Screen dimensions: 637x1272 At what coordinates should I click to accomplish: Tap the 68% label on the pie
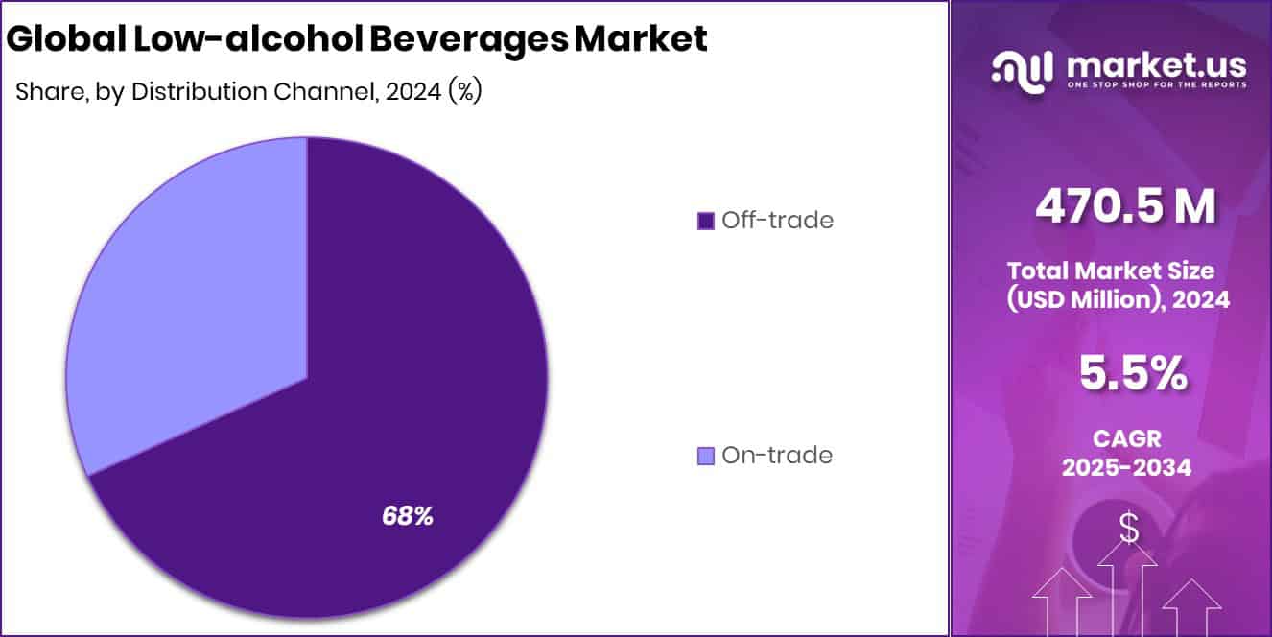click(408, 516)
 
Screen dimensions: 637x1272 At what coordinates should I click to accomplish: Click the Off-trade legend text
click(777, 220)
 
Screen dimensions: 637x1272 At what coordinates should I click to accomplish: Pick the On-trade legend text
click(776, 455)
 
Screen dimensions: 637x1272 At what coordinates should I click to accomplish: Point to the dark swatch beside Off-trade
click(706, 221)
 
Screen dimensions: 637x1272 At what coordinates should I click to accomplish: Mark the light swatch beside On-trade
click(706, 456)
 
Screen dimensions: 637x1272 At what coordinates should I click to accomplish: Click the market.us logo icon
click(1022, 69)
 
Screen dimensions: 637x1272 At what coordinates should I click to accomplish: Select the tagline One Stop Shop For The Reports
click(1156, 85)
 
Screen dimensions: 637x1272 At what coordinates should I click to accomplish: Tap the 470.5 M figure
click(1125, 205)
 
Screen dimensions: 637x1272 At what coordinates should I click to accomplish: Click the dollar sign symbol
click(1128, 529)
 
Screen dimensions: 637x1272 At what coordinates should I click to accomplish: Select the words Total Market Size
click(1111, 270)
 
